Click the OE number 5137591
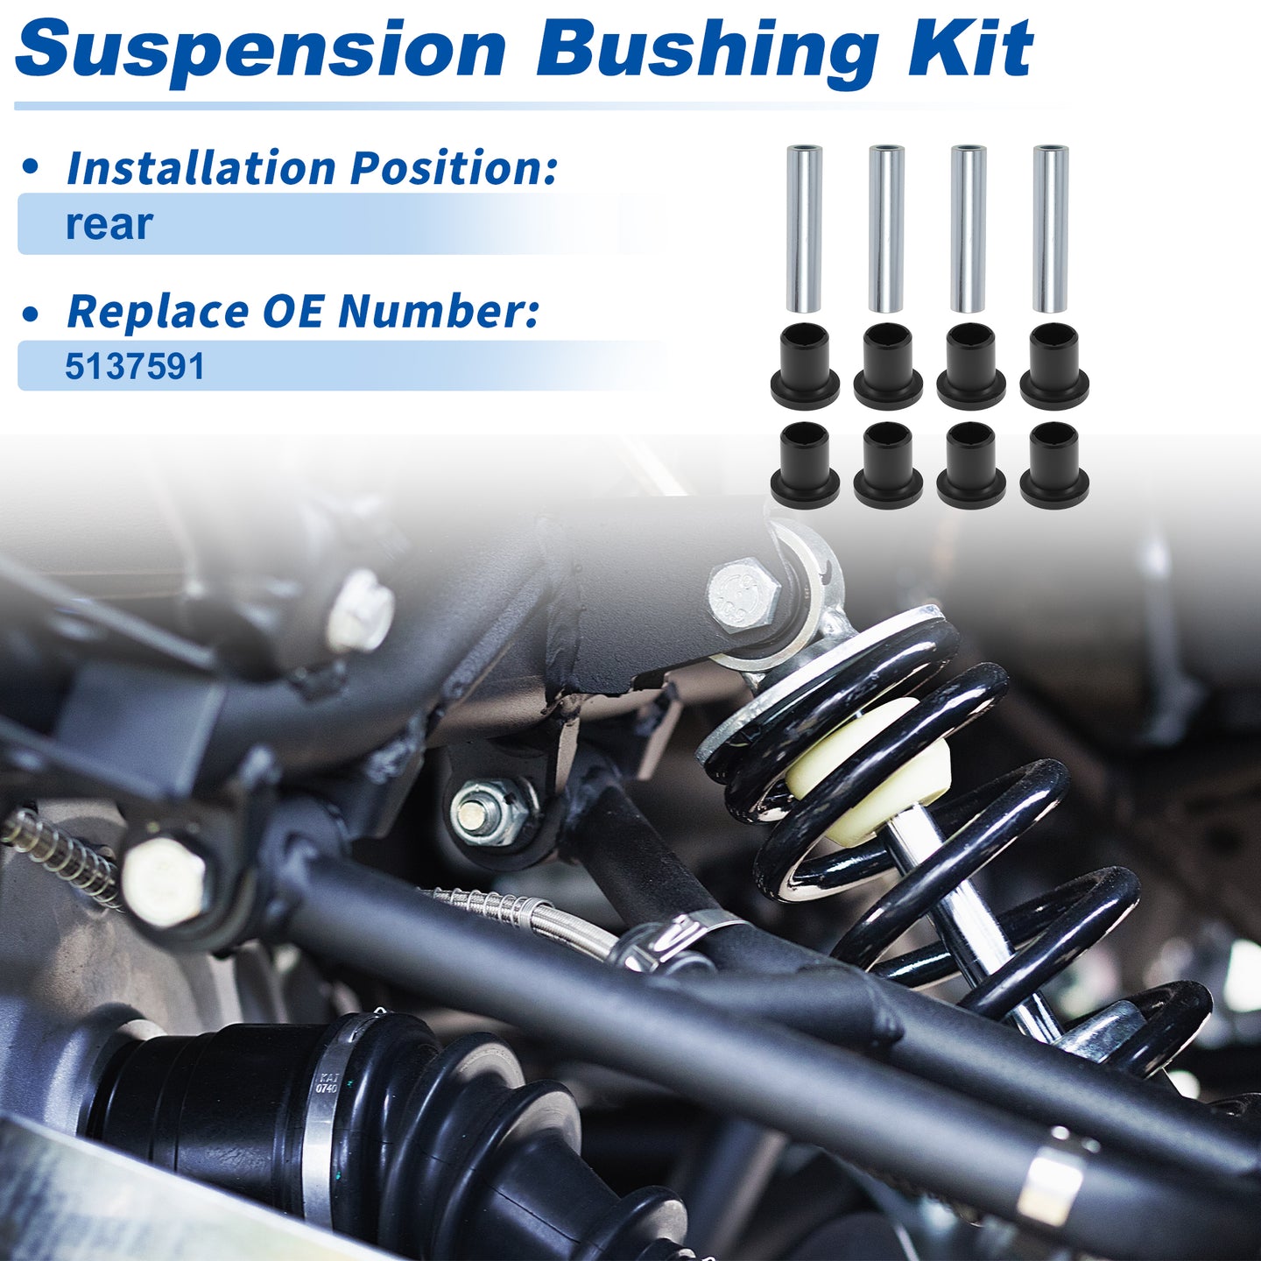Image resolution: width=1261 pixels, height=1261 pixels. [x=135, y=366]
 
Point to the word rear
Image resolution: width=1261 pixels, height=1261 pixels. [x=109, y=225]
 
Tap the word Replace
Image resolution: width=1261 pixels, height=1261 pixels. [x=158, y=312]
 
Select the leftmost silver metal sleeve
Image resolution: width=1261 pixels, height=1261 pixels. [x=804, y=229]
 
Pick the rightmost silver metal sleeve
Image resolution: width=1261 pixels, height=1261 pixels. [x=1051, y=229]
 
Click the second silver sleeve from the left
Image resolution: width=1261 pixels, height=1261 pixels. [x=887, y=229]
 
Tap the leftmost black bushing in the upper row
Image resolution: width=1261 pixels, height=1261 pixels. [x=805, y=366]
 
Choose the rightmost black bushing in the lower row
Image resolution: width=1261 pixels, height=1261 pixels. [x=1054, y=465]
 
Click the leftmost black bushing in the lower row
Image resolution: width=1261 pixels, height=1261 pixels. [x=805, y=465]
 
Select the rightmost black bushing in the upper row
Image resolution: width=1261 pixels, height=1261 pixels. [x=1054, y=366]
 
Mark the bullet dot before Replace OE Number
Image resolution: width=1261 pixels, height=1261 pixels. [x=30, y=314]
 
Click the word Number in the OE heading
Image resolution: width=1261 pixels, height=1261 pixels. [x=439, y=312]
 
